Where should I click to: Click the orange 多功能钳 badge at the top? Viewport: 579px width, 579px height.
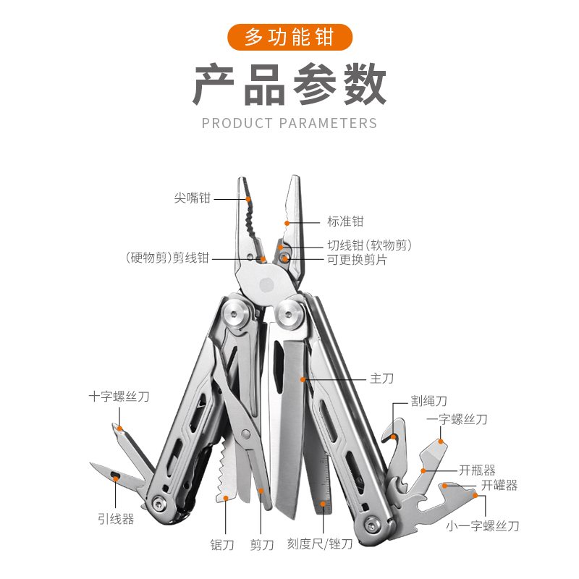pos(289,36)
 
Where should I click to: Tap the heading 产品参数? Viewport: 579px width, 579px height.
pos(289,85)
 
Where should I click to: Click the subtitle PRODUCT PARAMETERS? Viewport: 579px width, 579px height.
pos(289,123)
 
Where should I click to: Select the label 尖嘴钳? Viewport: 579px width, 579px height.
pos(193,198)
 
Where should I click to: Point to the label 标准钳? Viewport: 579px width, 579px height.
pos(345,221)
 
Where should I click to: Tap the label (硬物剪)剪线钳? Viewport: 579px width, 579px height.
pos(166,258)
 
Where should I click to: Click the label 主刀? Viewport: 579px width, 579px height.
pos(381,379)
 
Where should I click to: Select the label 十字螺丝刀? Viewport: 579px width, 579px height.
pos(119,397)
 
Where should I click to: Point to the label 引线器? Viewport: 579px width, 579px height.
pos(116,518)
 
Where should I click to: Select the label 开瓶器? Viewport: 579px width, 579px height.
pos(478,470)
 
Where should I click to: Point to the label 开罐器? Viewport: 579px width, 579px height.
pos(499,486)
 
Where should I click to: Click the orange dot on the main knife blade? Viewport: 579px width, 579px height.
pos(304,379)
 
